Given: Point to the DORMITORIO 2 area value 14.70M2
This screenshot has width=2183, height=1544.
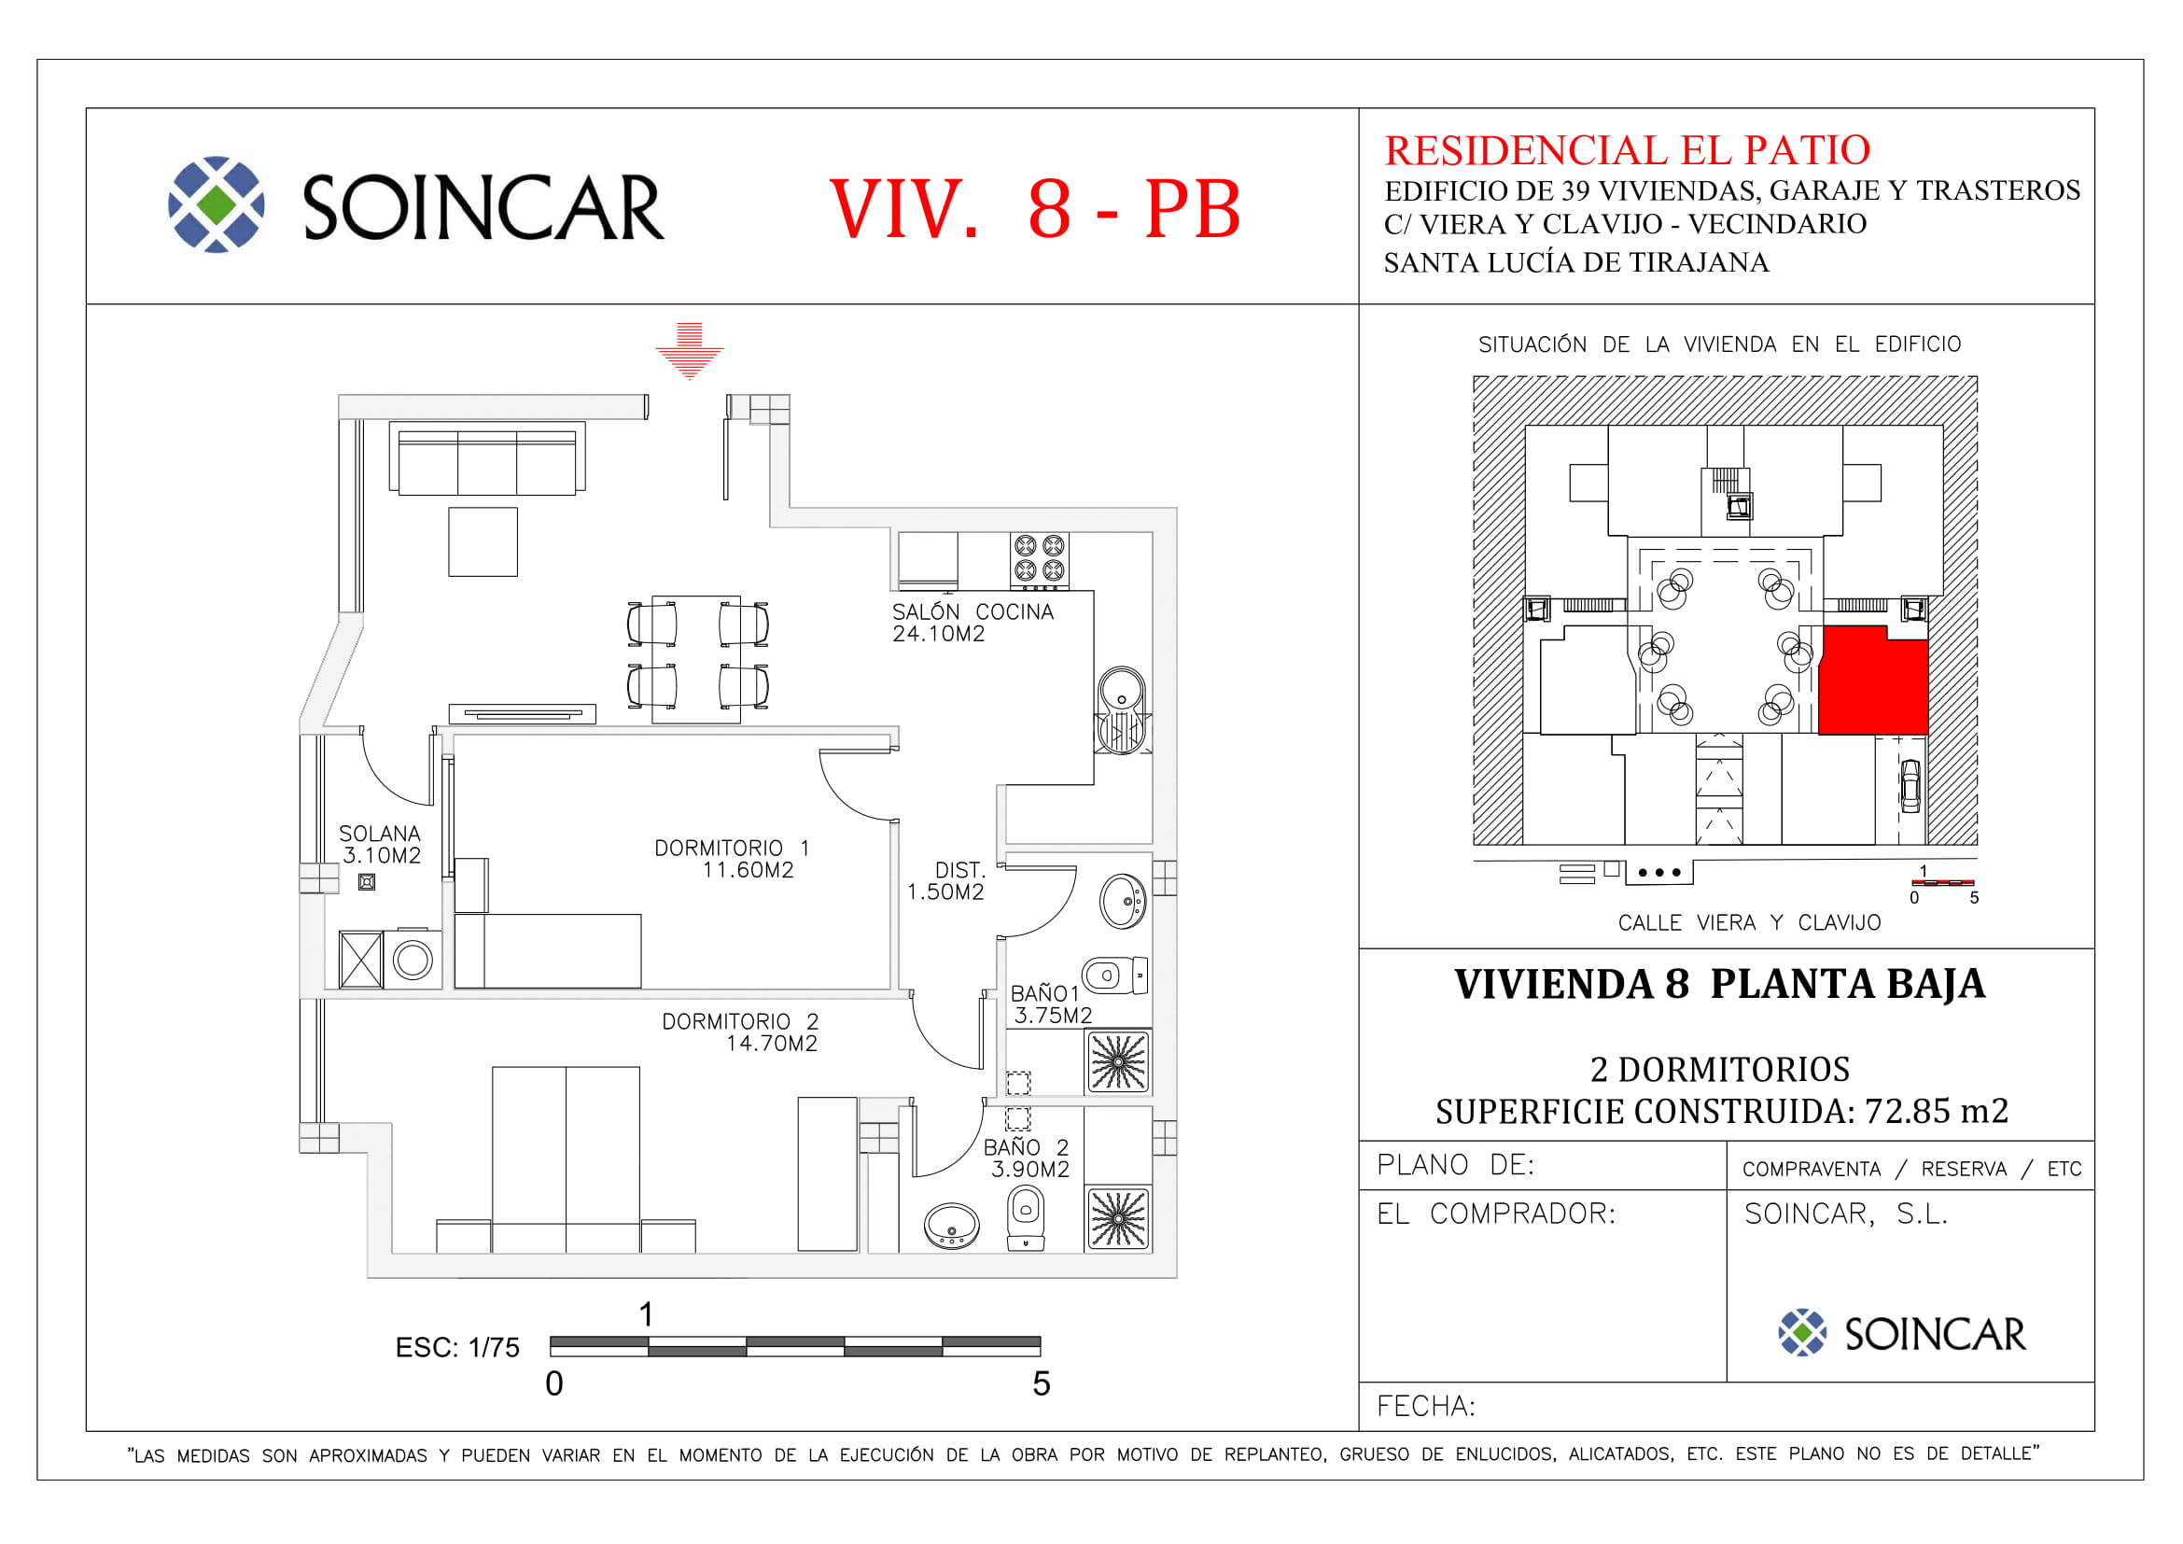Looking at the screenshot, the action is click(x=771, y=1044).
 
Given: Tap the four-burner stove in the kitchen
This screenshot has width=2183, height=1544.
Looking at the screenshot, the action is click(x=1039, y=560).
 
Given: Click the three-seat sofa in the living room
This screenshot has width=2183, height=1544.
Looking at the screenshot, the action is click(x=487, y=458).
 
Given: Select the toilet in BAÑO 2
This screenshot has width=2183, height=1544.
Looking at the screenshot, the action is click(x=1025, y=1221).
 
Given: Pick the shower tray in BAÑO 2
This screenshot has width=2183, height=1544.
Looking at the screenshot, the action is click(x=1118, y=1219).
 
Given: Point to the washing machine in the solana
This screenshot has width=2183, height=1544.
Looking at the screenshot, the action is click(x=413, y=960).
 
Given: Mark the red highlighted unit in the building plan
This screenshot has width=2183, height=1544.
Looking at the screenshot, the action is click(x=1872, y=681).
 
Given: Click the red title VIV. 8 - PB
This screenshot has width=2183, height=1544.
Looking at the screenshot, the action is click(x=1035, y=208).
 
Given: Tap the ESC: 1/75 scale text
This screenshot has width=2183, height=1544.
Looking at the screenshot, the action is click(x=457, y=1348).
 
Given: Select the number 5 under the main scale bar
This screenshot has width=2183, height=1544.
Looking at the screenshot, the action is click(x=1042, y=1384).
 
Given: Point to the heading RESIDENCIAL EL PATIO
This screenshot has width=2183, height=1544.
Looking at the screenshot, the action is click(x=1627, y=150).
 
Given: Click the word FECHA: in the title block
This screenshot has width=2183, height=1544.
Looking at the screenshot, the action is click(x=1426, y=1406).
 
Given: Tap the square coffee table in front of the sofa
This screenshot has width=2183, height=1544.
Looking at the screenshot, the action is click(x=483, y=542).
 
